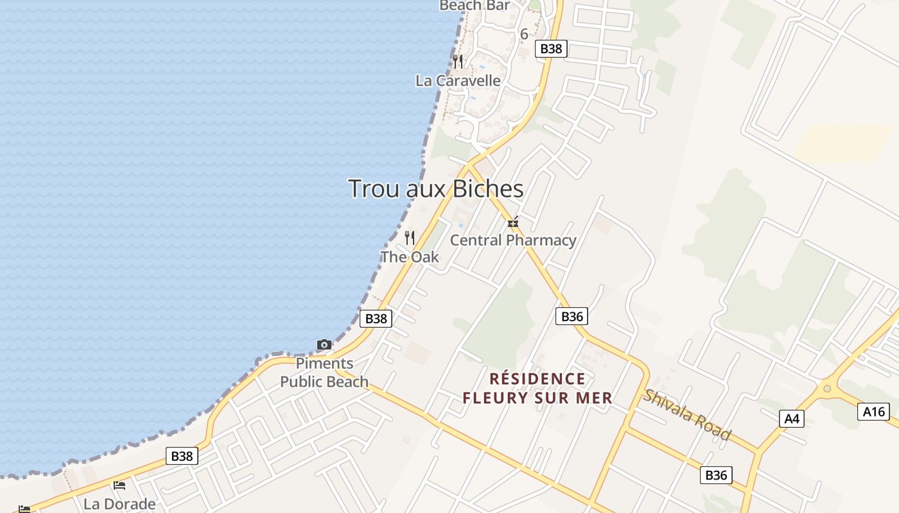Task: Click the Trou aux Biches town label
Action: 435,189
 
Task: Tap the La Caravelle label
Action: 458,81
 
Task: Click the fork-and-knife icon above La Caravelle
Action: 458,62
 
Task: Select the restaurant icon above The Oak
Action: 410,238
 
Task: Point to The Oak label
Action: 410,257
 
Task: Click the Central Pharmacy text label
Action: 513,240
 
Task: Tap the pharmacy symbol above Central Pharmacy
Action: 513,223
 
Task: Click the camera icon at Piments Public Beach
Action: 324,345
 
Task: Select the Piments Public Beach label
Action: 324,373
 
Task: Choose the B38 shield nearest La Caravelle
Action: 552,48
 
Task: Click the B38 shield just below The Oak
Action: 376,319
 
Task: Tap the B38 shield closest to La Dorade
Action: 182,456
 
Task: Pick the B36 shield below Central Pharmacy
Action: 572,316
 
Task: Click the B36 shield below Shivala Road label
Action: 716,475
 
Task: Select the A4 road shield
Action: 792,419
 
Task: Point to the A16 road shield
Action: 874,412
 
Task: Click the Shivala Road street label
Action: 687,416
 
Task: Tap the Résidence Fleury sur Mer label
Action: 537,389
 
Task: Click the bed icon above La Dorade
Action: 119,485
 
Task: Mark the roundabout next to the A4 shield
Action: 827,388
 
